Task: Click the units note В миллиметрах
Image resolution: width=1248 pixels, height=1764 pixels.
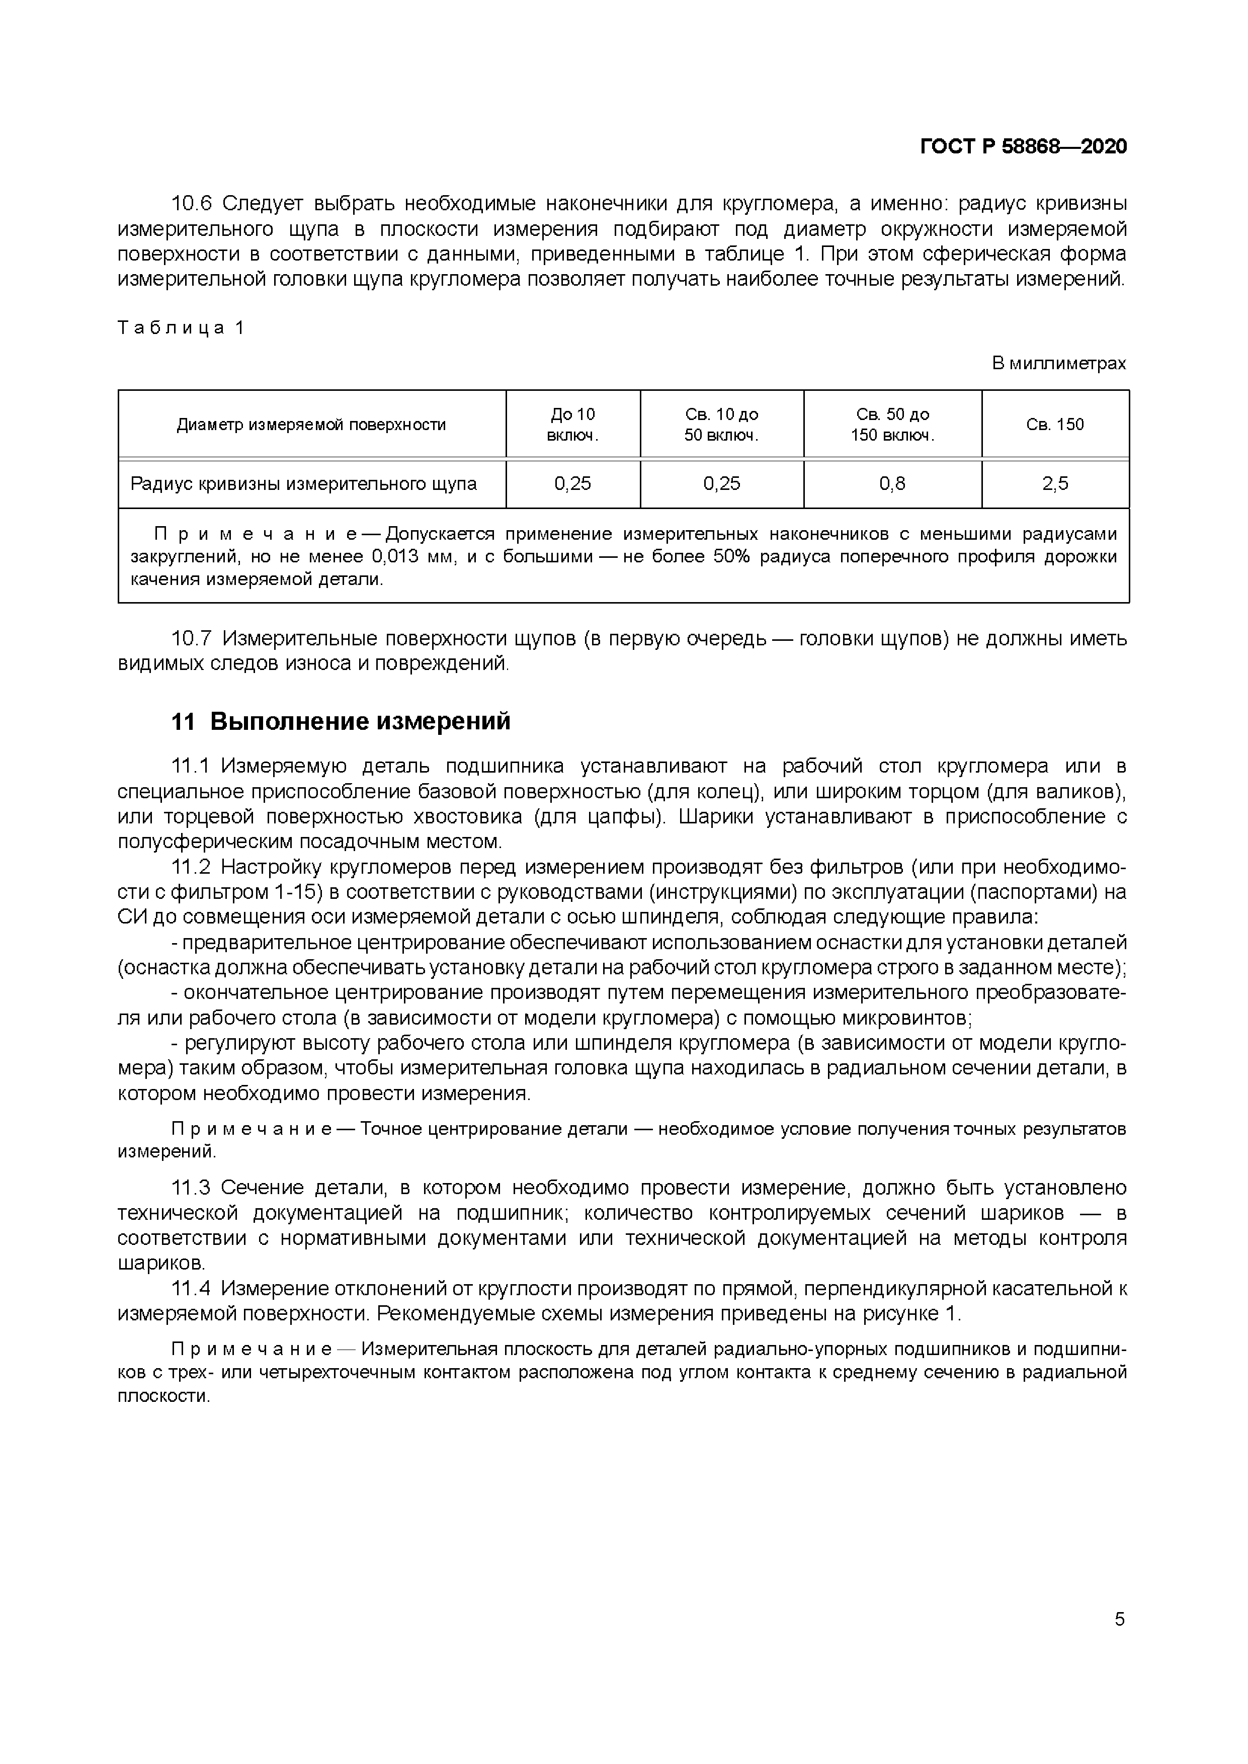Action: [x=1058, y=363]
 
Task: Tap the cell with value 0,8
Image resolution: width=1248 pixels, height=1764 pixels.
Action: [x=892, y=484]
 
